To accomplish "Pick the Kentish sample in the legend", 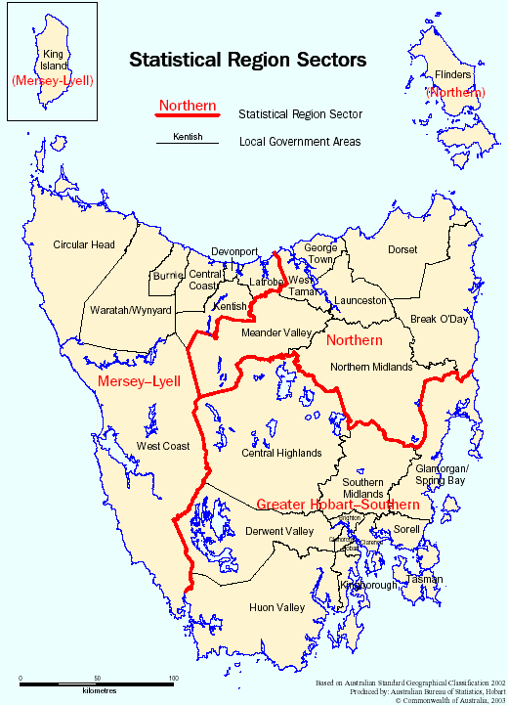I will tap(188, 137).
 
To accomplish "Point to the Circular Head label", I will tap(84, 244).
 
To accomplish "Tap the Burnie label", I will tap(167, 276).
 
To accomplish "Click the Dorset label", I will tap(402, 250).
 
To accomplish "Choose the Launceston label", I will tap(360, 300).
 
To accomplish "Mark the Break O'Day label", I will tap(440, 319).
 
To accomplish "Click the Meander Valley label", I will tap(275, 333).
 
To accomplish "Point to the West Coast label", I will tap(162, 447).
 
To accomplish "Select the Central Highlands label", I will tap(280, 454).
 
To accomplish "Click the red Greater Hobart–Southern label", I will tap(338, 506).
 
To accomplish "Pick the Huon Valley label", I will tap(278, 607).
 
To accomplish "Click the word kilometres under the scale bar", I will tap(97, 690).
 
